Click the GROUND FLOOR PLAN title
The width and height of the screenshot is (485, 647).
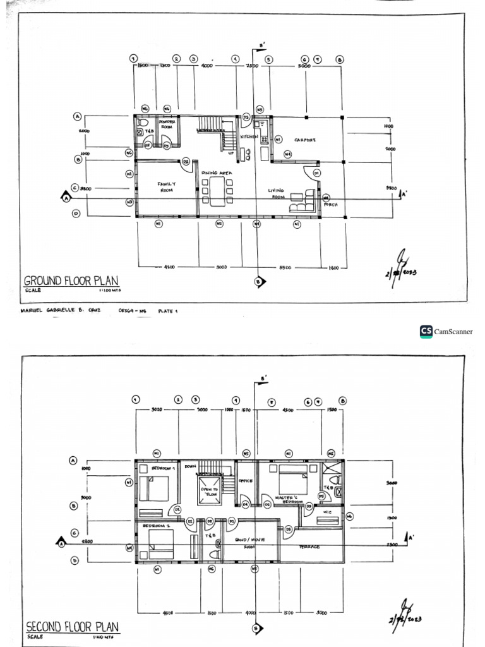71,281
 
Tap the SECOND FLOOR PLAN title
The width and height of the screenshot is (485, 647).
71,627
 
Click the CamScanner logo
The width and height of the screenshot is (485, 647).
446,332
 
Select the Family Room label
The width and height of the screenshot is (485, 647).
166,186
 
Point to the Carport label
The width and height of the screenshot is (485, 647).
305,140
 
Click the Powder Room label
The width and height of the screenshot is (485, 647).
167,124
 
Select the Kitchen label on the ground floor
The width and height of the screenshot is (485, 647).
248,136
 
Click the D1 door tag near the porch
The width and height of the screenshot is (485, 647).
317,172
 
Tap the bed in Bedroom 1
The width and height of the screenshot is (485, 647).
154,489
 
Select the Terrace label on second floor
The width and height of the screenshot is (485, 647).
309,547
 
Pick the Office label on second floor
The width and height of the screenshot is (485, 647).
245,481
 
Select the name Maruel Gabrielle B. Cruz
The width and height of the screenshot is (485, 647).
61,311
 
